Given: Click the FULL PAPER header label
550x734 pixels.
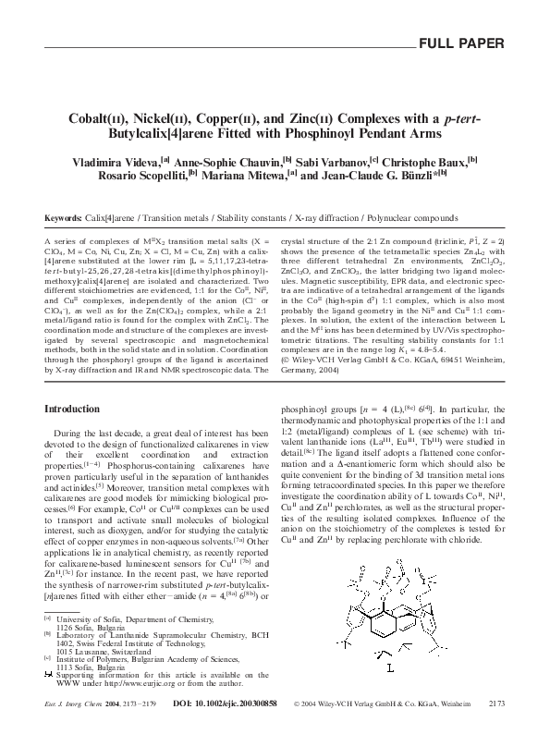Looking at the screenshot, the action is click(462, 43).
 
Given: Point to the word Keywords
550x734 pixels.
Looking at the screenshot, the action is click(63, 218).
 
